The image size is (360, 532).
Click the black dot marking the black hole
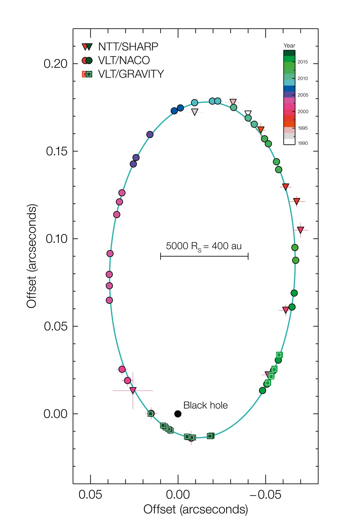pos(178,414)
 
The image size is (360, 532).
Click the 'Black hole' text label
pos(205,405)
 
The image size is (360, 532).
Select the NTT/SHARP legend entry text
pos(128,47)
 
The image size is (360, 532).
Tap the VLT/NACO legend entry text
pos(124,60)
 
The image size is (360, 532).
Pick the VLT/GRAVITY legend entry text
pos(131,74)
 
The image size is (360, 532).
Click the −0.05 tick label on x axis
pos(265,495)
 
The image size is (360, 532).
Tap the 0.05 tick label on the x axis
pos(90,495)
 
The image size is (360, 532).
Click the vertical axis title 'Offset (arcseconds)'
pos(31,256)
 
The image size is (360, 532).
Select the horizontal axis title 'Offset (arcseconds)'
pos(196,509)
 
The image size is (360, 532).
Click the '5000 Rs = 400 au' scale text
pos(204,246)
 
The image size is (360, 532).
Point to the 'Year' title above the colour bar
pos(289,46)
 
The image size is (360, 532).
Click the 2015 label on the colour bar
pos(303,62)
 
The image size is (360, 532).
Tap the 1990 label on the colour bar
pos(303,143)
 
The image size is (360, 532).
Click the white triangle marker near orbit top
pos(248,113)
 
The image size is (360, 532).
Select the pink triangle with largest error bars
pos(133,390)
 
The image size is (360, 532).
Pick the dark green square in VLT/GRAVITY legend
pos(89,74)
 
